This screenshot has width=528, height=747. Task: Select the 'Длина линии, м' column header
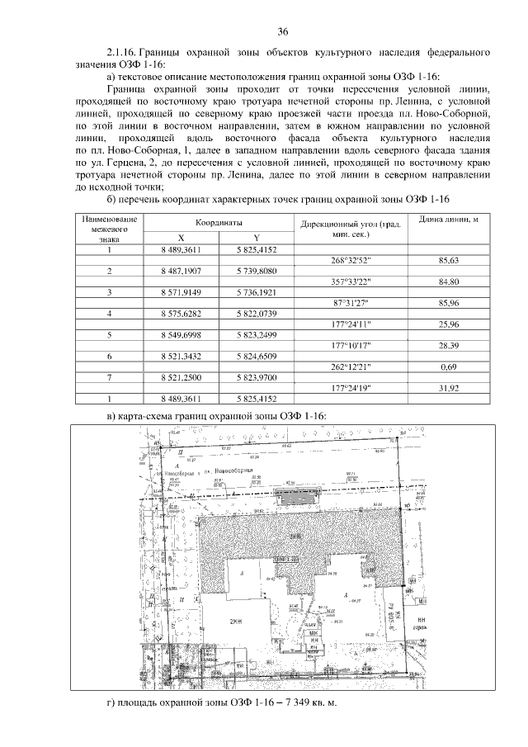point(449,220)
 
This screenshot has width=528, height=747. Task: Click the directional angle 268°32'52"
point(351,260)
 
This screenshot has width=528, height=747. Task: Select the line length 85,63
point(449,260)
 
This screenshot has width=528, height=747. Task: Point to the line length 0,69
point(449,366)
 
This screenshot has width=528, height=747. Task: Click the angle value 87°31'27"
point(351,303)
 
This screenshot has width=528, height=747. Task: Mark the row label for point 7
point(109,376)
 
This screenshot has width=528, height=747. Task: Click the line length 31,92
point(449,387)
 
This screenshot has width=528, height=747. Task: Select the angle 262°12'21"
point(351,366)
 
